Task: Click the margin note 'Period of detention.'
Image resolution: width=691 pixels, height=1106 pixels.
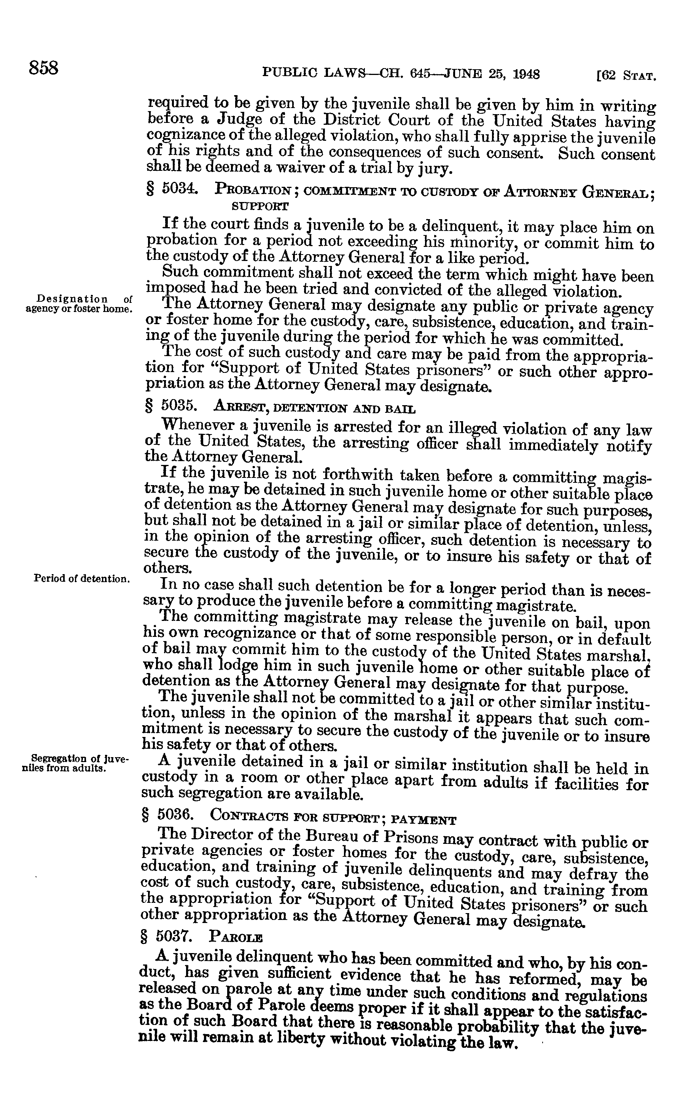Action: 82,578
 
